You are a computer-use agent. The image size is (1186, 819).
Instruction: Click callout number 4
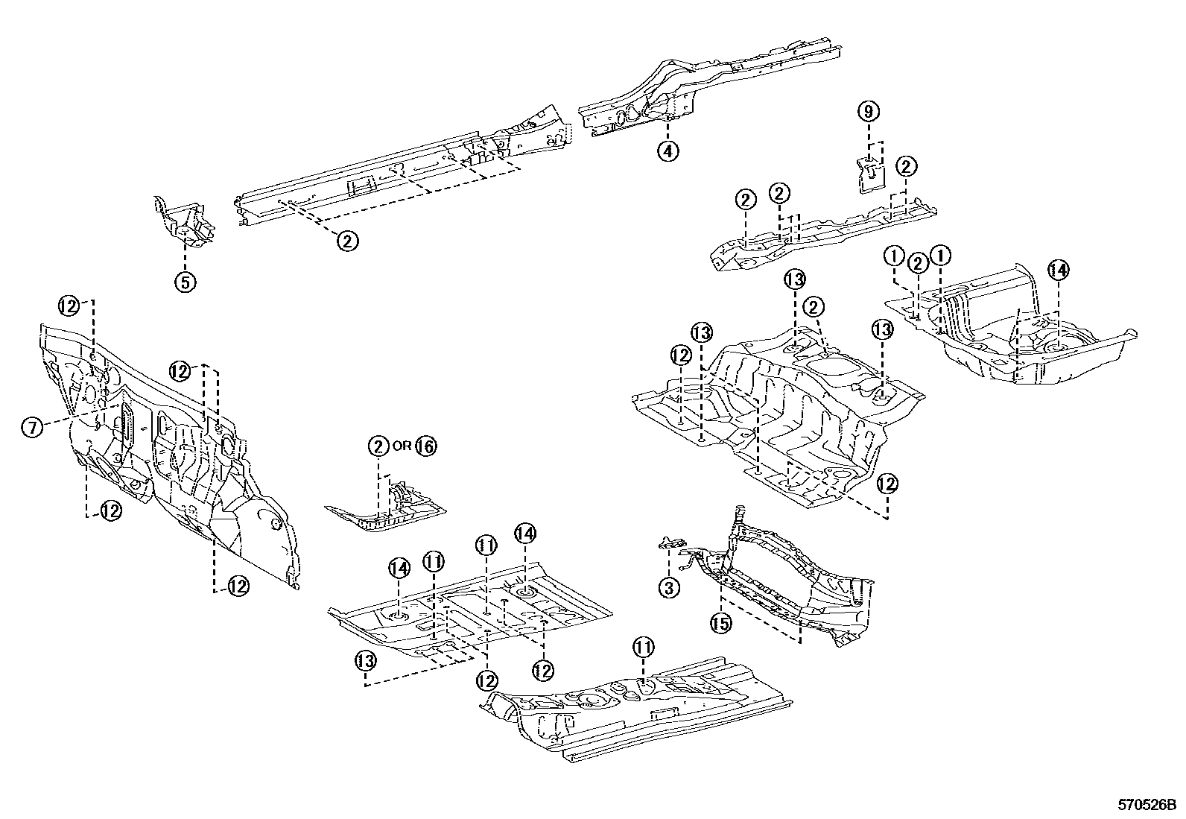pyautogui.click(x=667, y=151)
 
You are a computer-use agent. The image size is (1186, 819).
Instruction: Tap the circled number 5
pyautogui.click(x=185, y=282)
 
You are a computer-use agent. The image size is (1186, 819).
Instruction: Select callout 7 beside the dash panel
pyautogui.click(x=31, y=427)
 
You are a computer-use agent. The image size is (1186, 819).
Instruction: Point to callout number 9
pyautogui.click(x=869, y=112)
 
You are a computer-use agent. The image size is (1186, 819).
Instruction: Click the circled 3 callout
pyautogui.click(x=668, y=588)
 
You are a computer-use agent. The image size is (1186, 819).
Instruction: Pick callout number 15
pyautogui.click(x=720, y=624)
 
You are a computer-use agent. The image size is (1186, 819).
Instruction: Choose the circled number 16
pyautogui.click(x=425, y=446)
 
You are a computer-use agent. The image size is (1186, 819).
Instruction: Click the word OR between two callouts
pyautogui.click(x=402, y=446)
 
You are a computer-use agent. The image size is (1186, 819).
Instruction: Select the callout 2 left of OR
pyautogui.click(x=378, y=446)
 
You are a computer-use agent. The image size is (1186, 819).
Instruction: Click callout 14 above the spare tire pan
pyautogui.click(x=1058, y=271)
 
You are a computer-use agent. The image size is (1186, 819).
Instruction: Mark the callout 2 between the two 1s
pyautogui.click(x=919, y=263)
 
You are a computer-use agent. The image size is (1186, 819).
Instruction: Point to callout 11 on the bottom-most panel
pyautogui.click(x=644, y=646)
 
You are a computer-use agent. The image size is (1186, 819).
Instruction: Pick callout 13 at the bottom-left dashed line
pyautogui.click(x=365, y=660)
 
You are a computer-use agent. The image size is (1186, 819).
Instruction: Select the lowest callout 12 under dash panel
pyautogui.click(x=237, y=586)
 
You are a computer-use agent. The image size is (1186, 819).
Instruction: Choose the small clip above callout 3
pyautogui.click(x=673, y=543)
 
